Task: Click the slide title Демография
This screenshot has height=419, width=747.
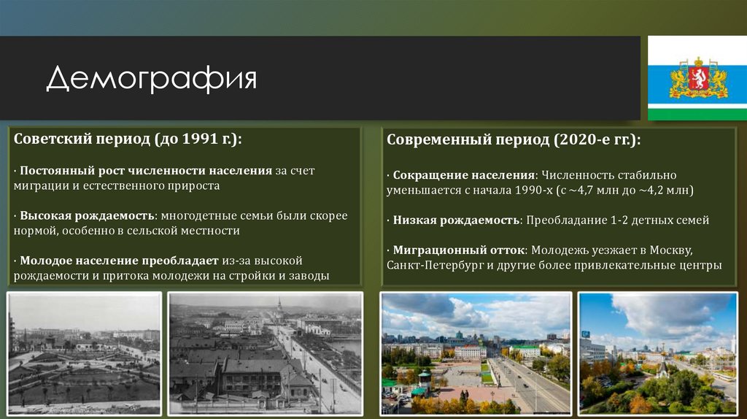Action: coord(152,78)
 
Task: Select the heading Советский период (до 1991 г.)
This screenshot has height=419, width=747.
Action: coord(128,139)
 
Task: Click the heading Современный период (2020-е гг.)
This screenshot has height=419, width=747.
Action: coord(514,139)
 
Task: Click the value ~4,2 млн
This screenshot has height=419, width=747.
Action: coord(662,190)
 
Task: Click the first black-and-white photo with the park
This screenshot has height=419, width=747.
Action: coord(84,353)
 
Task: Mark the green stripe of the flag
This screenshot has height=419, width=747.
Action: coord(697,113)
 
